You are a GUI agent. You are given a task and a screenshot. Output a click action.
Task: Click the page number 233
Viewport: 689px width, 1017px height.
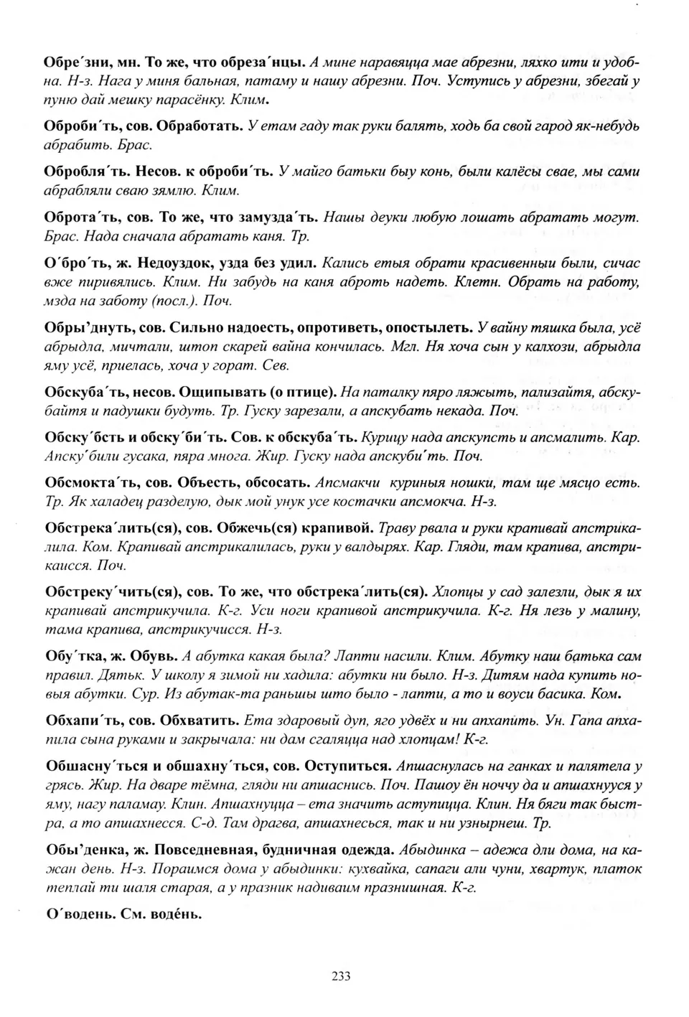341,975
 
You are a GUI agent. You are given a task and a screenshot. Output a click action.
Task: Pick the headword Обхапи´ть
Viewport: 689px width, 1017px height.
76,720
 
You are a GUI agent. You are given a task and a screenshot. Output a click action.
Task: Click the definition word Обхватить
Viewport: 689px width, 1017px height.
199,720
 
